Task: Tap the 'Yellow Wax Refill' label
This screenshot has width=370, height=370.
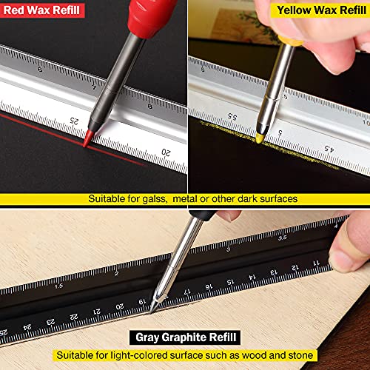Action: (318, 10)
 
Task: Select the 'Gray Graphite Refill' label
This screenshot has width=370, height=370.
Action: (187, 337)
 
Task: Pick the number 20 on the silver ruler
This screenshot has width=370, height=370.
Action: (166, 152)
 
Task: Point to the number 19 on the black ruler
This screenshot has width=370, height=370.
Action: (141, 301)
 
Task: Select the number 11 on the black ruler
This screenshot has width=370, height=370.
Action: (315, 262)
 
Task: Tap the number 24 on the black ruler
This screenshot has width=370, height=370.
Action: (27, 326)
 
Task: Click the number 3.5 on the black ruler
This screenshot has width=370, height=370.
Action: (282, 239)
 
